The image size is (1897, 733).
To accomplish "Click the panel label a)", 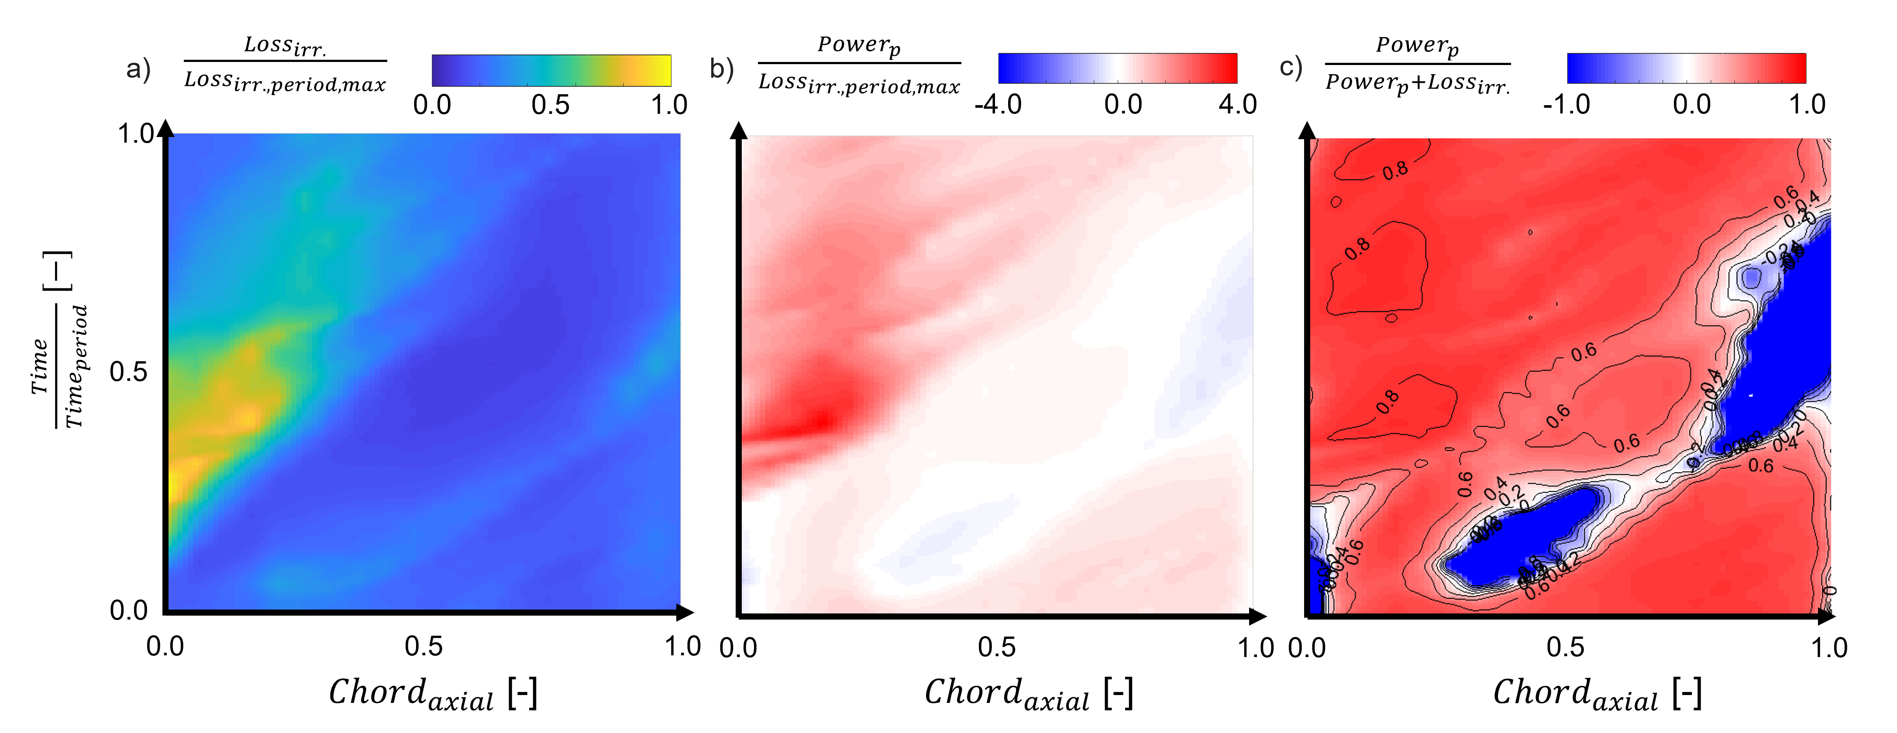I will (138, 70).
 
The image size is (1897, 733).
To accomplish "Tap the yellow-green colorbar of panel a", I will (551, 70).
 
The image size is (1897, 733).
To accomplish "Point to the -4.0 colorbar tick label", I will (998, 105).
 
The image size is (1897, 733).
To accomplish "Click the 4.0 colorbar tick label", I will (1238, 105).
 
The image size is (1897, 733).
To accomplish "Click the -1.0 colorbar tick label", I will (1566, 105).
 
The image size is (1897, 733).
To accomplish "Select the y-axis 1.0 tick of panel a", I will (136, 134).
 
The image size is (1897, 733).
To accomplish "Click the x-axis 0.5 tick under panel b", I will (997, 647).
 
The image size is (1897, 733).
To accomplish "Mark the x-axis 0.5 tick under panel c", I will (1565, 647).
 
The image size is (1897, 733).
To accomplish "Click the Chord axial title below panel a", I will (433, 693).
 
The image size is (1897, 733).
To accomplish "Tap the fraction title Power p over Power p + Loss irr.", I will (1418, 65).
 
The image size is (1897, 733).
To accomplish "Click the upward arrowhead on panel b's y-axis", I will (739, 131).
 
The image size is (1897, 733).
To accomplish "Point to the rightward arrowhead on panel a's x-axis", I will (685, 612).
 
